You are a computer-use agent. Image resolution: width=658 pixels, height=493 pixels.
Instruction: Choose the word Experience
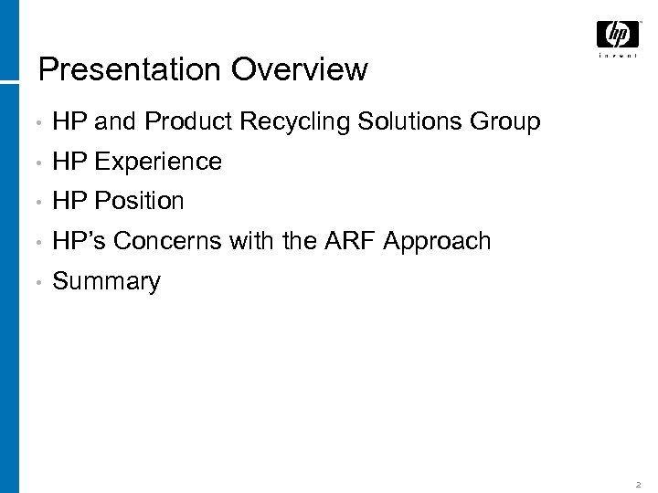(x=158, y=162)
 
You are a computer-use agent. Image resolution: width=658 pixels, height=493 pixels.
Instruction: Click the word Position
(x=139, y=201)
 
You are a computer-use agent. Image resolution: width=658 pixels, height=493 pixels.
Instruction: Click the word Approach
(x=438, y=242)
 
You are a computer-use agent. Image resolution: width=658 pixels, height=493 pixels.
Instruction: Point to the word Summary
(x=106, y=282)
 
